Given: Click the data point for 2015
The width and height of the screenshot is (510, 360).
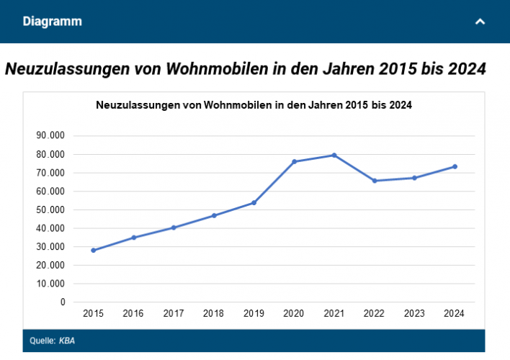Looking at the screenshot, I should (x=93, y=251).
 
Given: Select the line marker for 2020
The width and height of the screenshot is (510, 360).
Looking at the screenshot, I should (x=294, y=161).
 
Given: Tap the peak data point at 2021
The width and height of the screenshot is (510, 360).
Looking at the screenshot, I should (x=334, y=155).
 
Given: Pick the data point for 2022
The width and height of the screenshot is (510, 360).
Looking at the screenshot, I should (x=375, y=181).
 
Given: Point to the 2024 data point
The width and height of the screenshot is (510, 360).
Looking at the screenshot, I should (x=455, y=166).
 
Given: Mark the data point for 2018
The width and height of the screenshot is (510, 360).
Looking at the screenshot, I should (x=214, y=215).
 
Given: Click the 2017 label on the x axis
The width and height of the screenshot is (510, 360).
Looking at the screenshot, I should (x=174, y=314).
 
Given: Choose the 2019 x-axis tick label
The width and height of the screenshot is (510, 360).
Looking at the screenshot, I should (x=254, y=314).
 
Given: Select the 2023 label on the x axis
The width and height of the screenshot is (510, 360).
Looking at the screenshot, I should (x=414, y=314).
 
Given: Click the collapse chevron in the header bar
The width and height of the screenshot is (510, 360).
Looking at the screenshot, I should (x=480, y=22).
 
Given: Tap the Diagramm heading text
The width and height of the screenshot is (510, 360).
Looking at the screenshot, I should (x=52, y=22).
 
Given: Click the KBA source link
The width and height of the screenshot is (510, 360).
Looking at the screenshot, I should (x=66, y=341).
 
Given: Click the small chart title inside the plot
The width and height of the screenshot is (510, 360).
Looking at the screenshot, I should (x=254, y=105).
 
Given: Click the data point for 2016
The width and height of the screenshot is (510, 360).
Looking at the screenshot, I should (x=133, y=238).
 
